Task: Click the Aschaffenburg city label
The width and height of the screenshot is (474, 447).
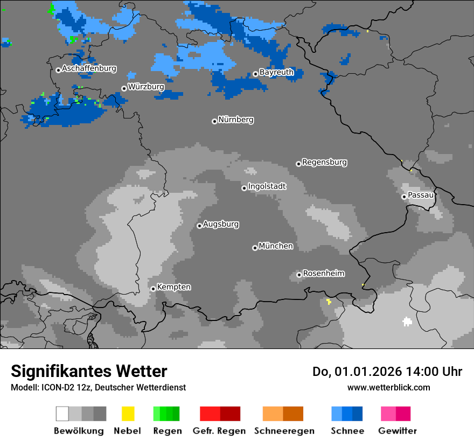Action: coord(89,69)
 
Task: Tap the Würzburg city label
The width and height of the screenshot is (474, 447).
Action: coord(146,87)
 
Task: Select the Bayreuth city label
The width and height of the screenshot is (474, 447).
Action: coord(276,72)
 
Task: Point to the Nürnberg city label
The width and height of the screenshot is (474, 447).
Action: coord(235,120)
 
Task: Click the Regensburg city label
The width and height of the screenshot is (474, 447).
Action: coord(324,162)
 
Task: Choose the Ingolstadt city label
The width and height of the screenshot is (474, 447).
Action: coord(267,186)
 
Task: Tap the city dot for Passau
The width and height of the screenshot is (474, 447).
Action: coord(404,197)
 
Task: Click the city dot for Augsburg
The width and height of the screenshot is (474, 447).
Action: coord(199,226)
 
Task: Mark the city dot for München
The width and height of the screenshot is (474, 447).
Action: coord(255,248)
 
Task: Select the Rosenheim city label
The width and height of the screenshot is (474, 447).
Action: coord(323,274)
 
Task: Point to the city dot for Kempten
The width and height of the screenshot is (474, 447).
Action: coord(153,289)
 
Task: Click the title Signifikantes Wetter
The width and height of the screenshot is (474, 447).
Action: coord(89,371)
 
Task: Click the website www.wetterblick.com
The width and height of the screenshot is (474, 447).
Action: coord(388,387)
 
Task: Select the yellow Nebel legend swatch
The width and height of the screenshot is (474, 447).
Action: coord(128,414)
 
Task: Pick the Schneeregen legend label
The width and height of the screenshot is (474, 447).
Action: coord(283,431)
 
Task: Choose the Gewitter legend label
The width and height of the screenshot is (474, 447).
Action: coord(398,431)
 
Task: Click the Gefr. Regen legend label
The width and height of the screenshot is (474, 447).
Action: coord(219,431)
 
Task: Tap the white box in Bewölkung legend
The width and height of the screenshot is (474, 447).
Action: coord(62,414)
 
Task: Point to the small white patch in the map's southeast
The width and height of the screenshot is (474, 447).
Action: coord(407,322)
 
